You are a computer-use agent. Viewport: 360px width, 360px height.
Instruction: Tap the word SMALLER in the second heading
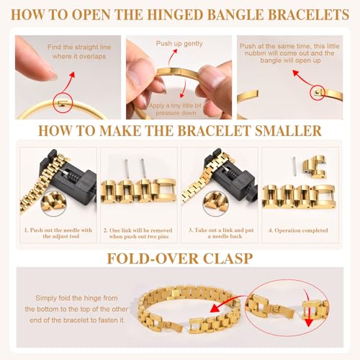click(279, 132)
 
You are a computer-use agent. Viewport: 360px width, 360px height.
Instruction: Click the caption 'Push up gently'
click(179, 44)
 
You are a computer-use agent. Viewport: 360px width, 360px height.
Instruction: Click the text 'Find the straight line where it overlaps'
click(76, 52)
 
